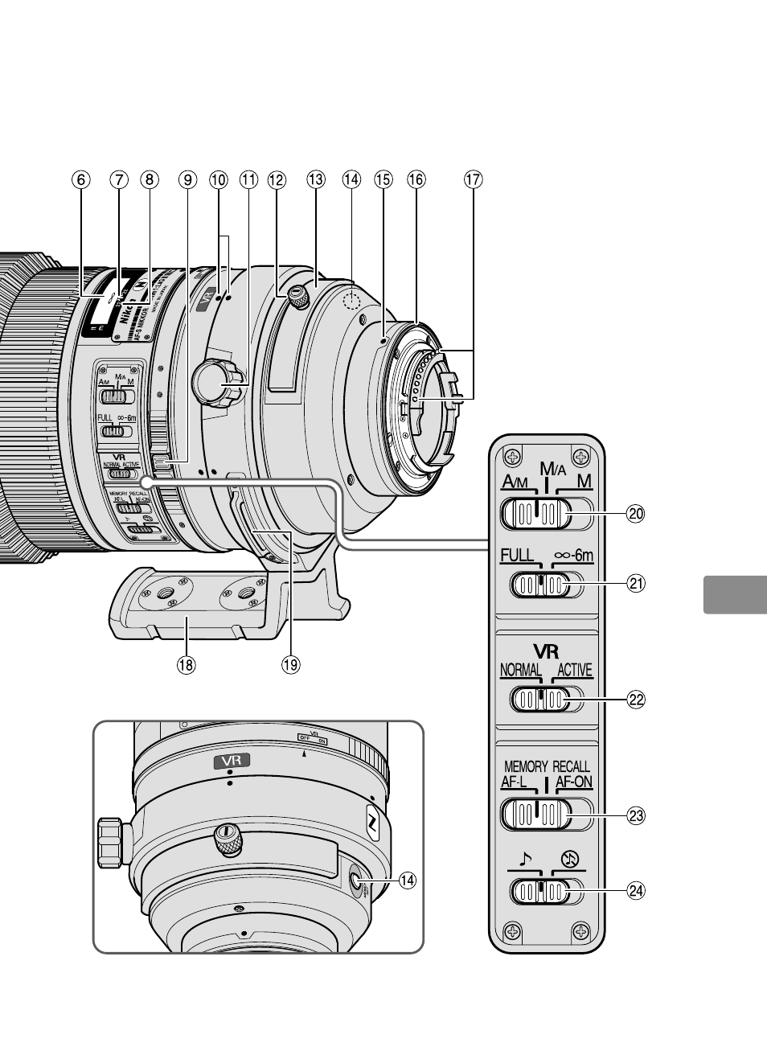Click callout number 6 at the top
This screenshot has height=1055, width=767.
coord(80,180)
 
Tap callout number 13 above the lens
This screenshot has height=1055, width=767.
coord(315,180)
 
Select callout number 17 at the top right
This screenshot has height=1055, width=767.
coord(474,180)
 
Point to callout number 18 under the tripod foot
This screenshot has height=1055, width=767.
coord(187,664)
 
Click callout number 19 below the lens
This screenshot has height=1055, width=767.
coord(290,664)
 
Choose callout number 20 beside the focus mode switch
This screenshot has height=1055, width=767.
coord(636,514)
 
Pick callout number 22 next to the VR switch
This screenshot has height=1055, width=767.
coord(636,700)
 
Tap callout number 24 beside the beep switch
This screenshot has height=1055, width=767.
coord(636,890)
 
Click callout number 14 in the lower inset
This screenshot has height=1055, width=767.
coord(408,881)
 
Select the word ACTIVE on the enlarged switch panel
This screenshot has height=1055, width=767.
coord(573,670)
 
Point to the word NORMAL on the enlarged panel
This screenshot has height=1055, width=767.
coord(521,670)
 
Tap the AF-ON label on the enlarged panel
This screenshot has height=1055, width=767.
coord(574,782)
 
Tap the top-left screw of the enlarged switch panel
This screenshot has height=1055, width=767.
coord(511,458)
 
